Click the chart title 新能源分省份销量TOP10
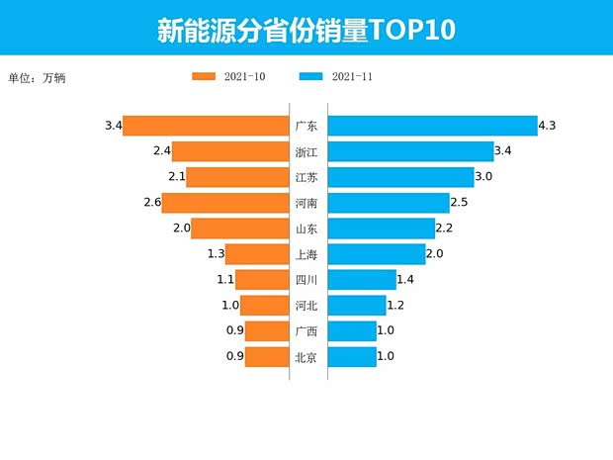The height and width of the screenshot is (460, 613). click(x=306, y=30)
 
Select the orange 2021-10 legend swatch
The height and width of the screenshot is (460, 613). click(x=204, y=76)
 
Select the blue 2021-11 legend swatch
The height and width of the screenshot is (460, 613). click(x=309, y=76)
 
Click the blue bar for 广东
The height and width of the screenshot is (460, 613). click(x=431, y=126)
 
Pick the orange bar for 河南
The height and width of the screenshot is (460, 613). click(x=224, y=203)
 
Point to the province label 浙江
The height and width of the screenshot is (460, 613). click(x=306, y=151)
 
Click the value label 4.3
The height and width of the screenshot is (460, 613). click(x=548, y=126)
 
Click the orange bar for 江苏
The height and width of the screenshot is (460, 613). click(x=236, y=177)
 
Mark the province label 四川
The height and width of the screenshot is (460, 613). click(x=306, y=280)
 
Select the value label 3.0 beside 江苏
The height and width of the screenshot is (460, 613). click(x=483, y=177)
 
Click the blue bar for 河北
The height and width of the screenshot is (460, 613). click(x=356, y=306)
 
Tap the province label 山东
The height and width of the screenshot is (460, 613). click(x=306, y=229)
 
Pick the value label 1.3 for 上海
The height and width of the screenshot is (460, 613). click(x=216, y=254)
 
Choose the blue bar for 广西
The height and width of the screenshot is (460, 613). click(x=351, y=331)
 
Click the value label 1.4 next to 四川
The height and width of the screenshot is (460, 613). click(x=405, y=280)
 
